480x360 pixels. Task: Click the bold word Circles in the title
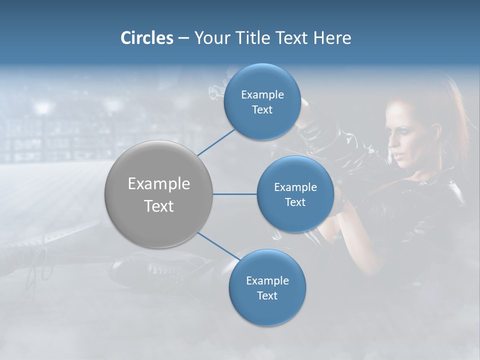pyautogui.click(x=147, y=38)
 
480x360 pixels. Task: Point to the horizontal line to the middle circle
pyautogui.click(x=235, y=194)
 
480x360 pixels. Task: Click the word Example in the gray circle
pyautogui.click(x=159, y=184)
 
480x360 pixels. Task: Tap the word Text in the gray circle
pyautogui.click(x=159, y=206)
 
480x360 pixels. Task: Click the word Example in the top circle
pyautogui.click(x=262, y=94)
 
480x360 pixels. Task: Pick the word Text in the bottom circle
pyautogui.click(x=267, y=295)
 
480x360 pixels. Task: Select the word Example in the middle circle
pyautogui.click(x=295, y=187)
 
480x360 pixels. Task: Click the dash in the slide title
pyautogui.click(x=183, y=38)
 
